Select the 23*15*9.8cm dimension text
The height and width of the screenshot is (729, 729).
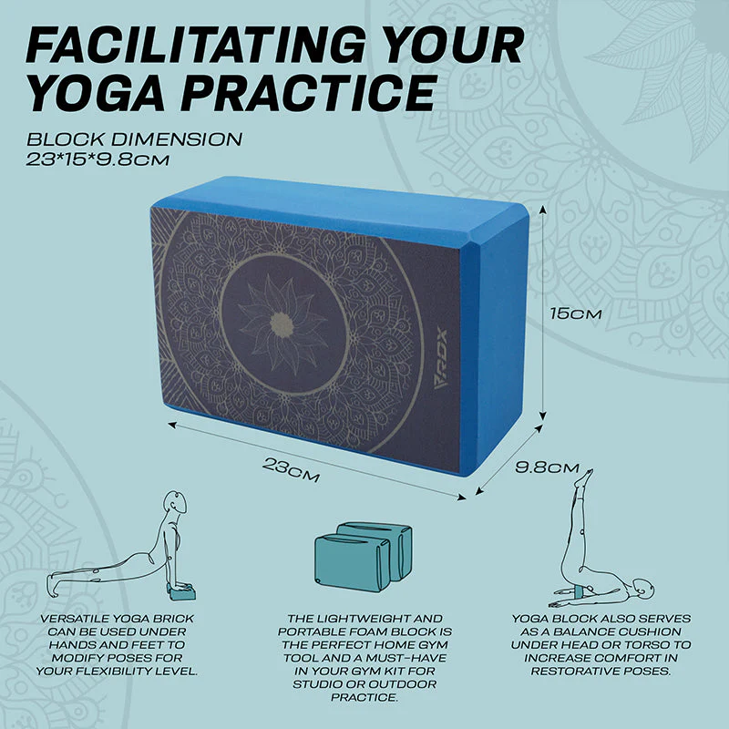pos(98,160)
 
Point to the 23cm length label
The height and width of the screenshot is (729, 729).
pos(291,470)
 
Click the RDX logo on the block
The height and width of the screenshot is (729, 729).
pos(440,358)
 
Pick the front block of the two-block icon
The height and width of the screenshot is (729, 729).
pos(352,562)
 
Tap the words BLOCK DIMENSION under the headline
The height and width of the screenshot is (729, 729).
pos(134,139)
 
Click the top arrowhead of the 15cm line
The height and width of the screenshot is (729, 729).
pos(542,210)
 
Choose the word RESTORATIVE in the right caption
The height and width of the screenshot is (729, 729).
pos(574,672)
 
